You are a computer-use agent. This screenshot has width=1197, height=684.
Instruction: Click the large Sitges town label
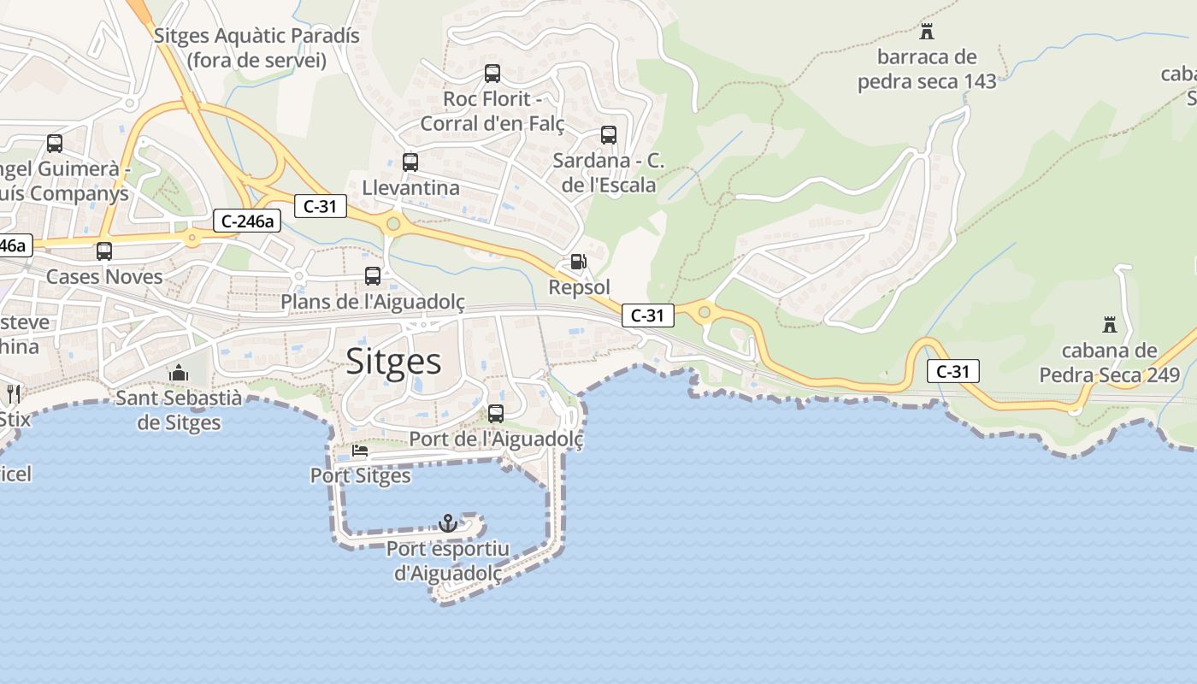pyautogui.click(x=394, y=362)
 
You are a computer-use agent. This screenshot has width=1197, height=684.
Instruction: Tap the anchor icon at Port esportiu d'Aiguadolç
pyautogui.click(x=448, y=522)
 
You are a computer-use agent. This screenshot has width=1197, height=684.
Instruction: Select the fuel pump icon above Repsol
pyautogui.click(x=579, y=262)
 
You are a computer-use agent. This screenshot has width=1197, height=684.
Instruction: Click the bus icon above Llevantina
pyautogui.click(x=410, y=162)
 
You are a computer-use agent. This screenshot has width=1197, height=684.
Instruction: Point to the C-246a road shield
pyautogui.click(x=247, y=221)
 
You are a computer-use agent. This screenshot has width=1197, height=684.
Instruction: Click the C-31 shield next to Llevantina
pyautogui.click(x=321, y=205)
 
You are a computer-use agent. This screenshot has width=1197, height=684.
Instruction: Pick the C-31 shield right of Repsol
pyautogui.click(x=647, y=315)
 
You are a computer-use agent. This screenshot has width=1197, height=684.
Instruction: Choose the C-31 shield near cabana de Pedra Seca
pyautogui.click(x=952, y=371)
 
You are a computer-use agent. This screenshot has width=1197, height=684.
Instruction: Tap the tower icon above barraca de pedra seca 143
pyautogui.click(x=926, y=32)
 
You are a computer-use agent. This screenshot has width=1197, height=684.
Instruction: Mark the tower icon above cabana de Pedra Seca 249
pyautogui.click(x=1110, y=325)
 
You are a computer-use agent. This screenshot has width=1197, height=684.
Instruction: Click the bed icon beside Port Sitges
pyautogui.click(x=360, y=451)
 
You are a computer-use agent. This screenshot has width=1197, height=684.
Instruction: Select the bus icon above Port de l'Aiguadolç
pyautogui.click(x=496, y=414)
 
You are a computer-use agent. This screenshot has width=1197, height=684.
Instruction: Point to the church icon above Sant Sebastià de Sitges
pyautogui.click(x=179, y=373)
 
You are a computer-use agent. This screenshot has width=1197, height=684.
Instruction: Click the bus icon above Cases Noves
pyautogui.click(x=104, y=251)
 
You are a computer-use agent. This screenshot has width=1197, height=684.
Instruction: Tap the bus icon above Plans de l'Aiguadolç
pyautogui.click(x=373, y=276)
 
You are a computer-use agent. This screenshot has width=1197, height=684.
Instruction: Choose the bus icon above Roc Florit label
pyautogui.click(x=492, y=74)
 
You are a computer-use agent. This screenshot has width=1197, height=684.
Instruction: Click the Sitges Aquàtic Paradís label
pyautogui.click(x=256, y=48)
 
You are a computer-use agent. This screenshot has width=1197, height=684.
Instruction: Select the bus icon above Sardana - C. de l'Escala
pyautogui.click(x=609, y=135)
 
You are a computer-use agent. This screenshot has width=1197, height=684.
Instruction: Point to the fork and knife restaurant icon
pyautogui.click(x=13, y=393)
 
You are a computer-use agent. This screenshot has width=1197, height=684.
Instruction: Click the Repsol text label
pyautogui.click(x=580, y=287)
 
